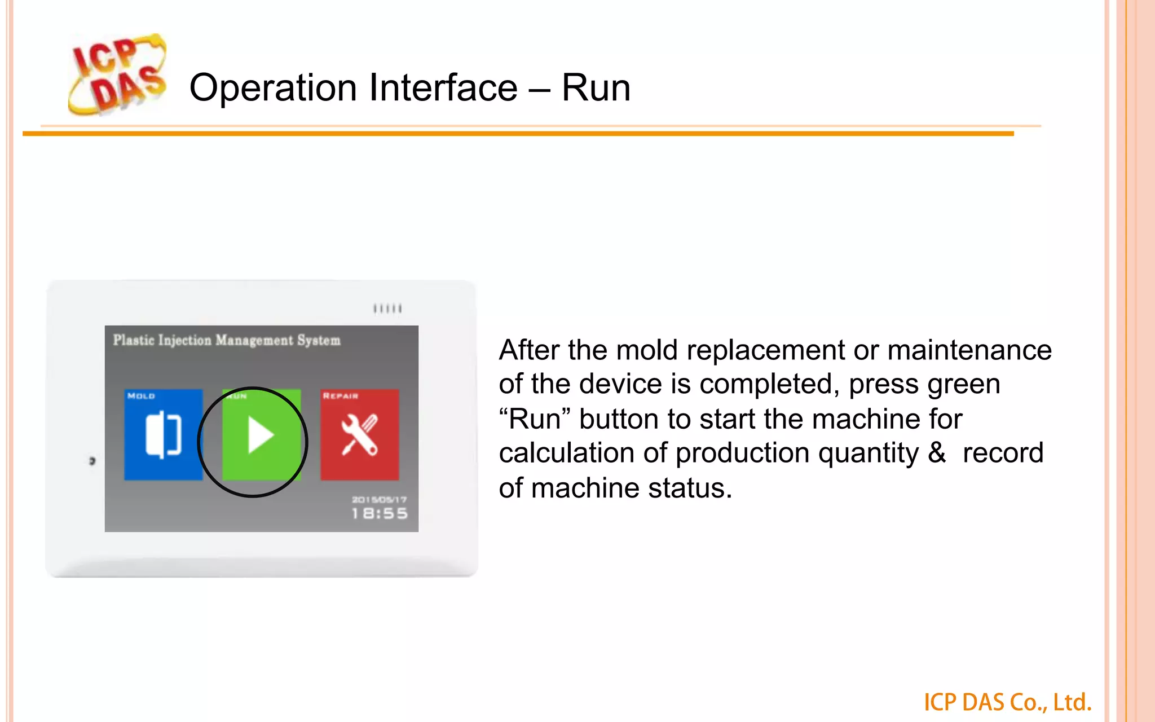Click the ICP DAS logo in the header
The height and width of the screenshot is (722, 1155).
pyautogui.click(x=117, y=74)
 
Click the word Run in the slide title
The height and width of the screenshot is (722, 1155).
pyautogui.click(x=596, y=88)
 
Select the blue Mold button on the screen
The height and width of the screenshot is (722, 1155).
pyautogui.click(x=163, y=434)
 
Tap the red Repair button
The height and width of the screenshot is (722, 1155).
pyautogui.click(x=360, y=434)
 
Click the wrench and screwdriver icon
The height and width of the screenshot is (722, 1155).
pyautogui.click(x=360, y=435)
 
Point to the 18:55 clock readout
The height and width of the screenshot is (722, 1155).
pyautogui.click(x=379, y=513)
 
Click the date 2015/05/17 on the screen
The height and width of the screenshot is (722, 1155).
pyautogui.click(x=379, y=499)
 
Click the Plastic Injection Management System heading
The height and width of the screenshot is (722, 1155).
pyautogui.click(x=227, y=340)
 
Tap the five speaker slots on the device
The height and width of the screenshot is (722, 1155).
pyautogui.click(x=387, y=309)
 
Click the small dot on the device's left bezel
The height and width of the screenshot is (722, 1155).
pyautogui.click(x=92, y=461)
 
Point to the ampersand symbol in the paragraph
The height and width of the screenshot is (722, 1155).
pyautogui.click(x=937, y=453)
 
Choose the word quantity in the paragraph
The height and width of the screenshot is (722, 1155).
pyautogui.click(x=868, y=453)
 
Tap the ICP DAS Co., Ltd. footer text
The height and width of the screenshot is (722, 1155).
pyautogui.click(x=1007, y=702)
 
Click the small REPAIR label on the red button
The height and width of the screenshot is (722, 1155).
pyautogui.click(x=340, y=396)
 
